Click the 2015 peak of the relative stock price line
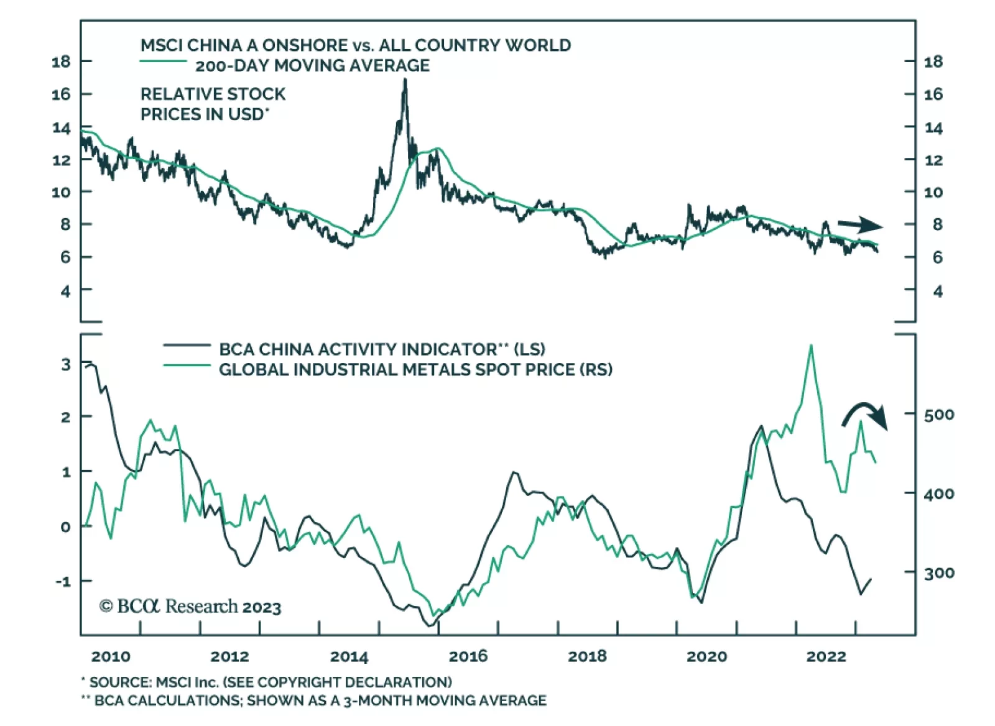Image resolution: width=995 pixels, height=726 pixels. (x=405, y=81)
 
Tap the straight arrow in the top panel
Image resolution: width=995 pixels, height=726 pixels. (x=860, y=226)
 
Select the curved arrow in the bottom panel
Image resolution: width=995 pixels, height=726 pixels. (x=865, y=415)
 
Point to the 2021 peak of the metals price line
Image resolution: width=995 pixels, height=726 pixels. (x=810, y=346)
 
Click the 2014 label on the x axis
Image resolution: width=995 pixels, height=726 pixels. (x=349, y=656)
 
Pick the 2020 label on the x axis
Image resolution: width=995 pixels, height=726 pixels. (x=706, y=656)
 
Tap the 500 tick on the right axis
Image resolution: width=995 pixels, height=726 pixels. (x=938, y=415)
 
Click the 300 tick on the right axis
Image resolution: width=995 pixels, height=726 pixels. (x=938, y=572)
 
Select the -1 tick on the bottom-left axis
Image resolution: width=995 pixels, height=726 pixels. (x=63, y=581)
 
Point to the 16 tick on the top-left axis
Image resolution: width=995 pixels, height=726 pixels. (x=61, y=94)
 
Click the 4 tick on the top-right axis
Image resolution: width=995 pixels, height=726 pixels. (x=937, y=291)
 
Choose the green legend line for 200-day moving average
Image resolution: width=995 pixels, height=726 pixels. (x=163, y=61)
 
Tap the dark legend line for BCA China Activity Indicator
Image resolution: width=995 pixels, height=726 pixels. (x=187, y=345)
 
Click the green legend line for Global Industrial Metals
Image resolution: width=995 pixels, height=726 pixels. (x=187, y=365)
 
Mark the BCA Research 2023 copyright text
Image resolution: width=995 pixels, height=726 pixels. (x=190, y=606)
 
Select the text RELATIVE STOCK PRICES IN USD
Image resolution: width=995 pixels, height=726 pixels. (x=213, y=104)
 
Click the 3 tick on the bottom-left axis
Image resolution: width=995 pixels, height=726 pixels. (x=66, y=365)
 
